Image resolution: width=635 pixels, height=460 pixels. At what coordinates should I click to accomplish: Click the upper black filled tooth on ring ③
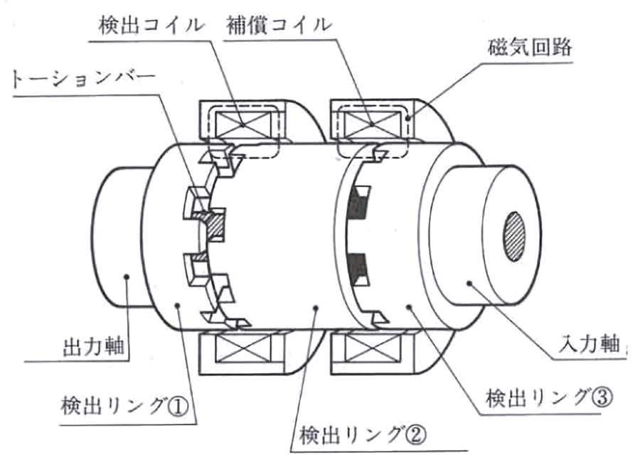pos(356,208)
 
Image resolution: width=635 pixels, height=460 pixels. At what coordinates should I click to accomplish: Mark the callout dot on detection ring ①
pos(178,306)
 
